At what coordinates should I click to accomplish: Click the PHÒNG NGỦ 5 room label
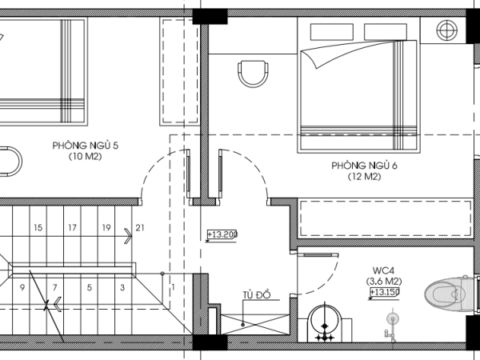pos(85,145)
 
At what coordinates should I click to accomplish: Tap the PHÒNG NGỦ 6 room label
pos(364,166)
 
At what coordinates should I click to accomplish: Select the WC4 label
pos(383,270)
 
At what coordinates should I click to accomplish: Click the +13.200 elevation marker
pos(222,234)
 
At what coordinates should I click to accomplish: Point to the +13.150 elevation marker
pos(385,292)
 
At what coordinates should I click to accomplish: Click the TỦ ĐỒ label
pos(257,294)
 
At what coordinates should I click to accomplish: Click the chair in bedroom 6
pos(254,74)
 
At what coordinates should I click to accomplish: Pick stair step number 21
pos(140,228)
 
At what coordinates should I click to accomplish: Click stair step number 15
pos(38,228)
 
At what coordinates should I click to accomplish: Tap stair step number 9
pos(22,288)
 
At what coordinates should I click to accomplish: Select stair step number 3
pos(122,288)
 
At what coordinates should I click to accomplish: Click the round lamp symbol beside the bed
pos(447,30)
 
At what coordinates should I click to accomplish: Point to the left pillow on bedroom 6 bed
pos(332,32)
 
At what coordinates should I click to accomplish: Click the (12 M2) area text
pos(364,177)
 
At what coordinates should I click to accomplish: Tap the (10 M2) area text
pos(85,157)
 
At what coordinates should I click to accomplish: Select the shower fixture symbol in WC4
pos(391,325)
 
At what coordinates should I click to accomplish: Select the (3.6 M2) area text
pos(384,281)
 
